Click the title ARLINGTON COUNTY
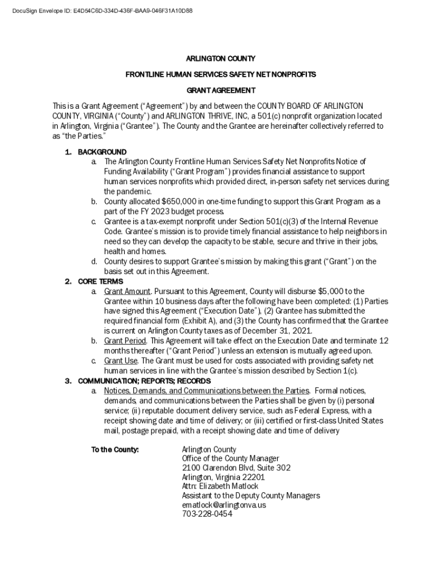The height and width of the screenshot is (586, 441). [220, 59]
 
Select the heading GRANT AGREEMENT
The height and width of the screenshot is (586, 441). [220, 90]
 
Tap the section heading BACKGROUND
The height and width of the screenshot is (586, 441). [102, 152]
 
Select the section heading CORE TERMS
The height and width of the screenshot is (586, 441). [100, 282]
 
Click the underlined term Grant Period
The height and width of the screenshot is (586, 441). [125, 341]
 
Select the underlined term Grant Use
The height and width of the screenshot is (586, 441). [121, 361]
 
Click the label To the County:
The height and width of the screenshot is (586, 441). [115, 449]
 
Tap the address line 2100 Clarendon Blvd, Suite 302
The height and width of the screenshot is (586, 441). [236, 468]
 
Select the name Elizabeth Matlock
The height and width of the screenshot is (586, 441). [229, 486]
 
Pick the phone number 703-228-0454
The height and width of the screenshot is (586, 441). [207, 514]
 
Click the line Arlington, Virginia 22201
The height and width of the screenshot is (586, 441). [223, 477]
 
